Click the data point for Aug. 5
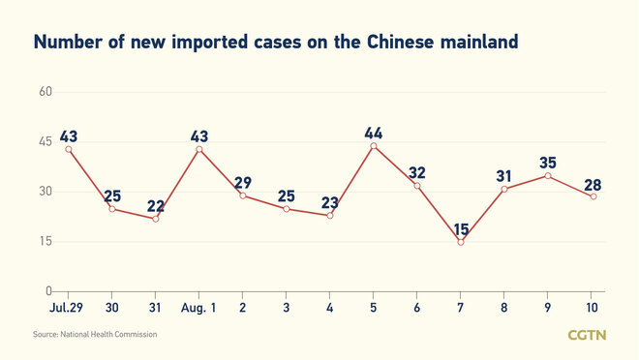click(374, 146)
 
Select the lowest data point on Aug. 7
click(461, 242)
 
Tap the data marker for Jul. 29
click(68, 149)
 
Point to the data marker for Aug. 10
click(593, 196)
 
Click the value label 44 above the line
click(374, 132)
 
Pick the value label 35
click(548, 161)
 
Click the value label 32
click(417, 173)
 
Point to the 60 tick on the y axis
click(45, 92)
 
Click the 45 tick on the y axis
click(45, 141)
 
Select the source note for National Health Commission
click(95, 334)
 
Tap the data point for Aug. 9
click(548, 175)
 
